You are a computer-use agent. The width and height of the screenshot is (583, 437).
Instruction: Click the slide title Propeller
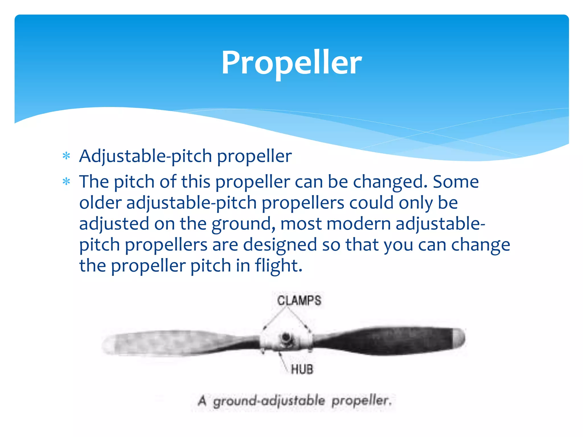(x=291, y=62)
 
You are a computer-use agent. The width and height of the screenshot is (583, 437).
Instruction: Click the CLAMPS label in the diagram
(x=299, y=301)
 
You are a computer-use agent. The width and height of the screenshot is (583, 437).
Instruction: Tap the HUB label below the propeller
(x=302, y=369)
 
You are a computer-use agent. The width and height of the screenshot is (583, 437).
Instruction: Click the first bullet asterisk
(x=66, y=156)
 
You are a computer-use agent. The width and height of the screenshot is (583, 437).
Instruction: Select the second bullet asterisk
(x=66, y=182)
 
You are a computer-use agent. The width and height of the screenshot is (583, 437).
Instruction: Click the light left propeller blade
(x=171, y=343)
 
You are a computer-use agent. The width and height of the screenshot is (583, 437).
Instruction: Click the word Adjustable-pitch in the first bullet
(x=145, y=156)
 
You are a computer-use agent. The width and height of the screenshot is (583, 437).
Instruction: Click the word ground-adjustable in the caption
(x=269, y=401)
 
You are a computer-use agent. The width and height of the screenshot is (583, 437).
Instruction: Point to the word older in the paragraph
(x=100, y=203)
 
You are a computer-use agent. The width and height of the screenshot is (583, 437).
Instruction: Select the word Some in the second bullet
(x=456, y=182)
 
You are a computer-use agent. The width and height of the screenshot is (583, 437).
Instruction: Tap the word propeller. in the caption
(x=362, y=401)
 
